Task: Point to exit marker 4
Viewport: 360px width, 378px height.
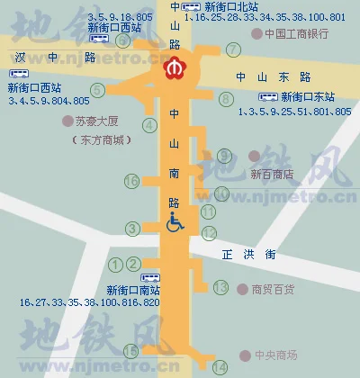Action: (149, 125)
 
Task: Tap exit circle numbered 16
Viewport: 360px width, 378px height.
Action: (132, 181)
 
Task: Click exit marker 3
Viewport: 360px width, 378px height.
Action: (133, 229)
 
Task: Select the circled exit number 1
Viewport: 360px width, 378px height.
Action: (115, 264)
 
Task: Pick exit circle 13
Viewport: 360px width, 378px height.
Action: (221, 288)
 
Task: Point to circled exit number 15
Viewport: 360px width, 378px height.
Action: (131, 351)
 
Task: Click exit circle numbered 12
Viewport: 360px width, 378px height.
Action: (209, 233)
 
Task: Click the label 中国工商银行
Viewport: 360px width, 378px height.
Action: (297, 33)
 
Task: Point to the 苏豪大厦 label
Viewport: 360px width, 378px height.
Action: (97, 120)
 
